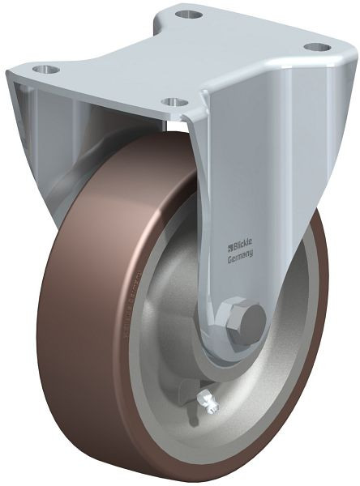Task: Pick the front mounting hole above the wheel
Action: tap(172, 102)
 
